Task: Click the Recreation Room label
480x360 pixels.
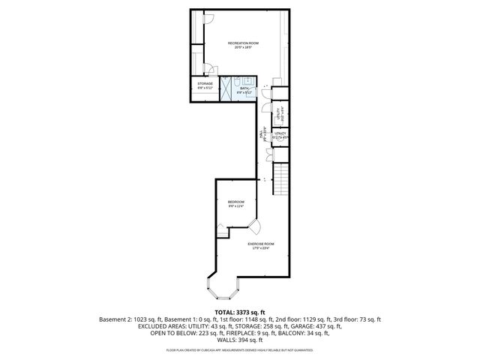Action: click(238, 44)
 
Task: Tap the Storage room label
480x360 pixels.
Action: click(205, 84)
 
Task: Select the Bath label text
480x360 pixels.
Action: click(244, 90)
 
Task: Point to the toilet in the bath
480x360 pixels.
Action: click(235, 81)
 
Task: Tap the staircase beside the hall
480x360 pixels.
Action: click(280, 180)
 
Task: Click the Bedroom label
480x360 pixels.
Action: click(236, 203)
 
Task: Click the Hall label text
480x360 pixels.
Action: click(261, 135)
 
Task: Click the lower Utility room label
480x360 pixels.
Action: click(279, 136)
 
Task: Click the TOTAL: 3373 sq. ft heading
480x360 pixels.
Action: click(239, 311)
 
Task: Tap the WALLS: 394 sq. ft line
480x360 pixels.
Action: click(239, 340)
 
